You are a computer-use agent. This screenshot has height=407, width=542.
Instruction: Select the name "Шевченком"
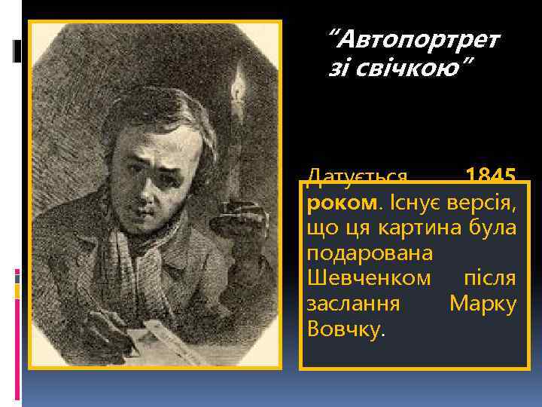[369, 278]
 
